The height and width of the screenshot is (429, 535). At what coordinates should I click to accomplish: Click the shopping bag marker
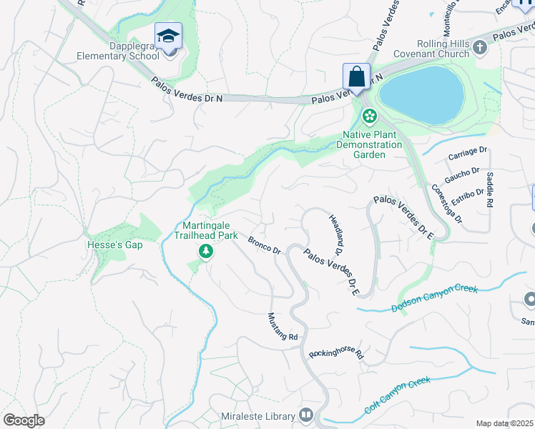click(x=356, y=77)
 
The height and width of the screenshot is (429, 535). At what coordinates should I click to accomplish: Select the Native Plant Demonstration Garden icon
click(x=369, y=115)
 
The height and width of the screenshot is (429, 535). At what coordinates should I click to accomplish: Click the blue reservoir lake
click(x=421, y=95)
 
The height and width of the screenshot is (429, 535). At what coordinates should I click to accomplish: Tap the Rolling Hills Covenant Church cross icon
click(x=479, y=47)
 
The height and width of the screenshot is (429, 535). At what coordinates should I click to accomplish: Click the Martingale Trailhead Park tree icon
click(x=206, y=251)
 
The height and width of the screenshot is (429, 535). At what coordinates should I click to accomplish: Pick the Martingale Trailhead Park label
click(x=206, y=228)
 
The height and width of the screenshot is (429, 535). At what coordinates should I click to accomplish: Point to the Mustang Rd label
click(x=283, y=326)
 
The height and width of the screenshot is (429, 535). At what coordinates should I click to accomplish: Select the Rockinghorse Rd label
click(x=336, y=354)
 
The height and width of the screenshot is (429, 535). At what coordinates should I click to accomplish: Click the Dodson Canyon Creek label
click(x=434, y=298)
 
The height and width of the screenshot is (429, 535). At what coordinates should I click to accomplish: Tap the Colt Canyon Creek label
click(x=397, y=395)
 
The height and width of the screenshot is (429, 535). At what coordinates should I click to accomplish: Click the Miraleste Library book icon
click(x=306, y=415)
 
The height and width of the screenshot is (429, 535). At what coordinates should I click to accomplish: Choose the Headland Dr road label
click(x=336, y=236)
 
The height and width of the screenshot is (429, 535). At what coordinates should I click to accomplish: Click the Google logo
click(x=24, y=420)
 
